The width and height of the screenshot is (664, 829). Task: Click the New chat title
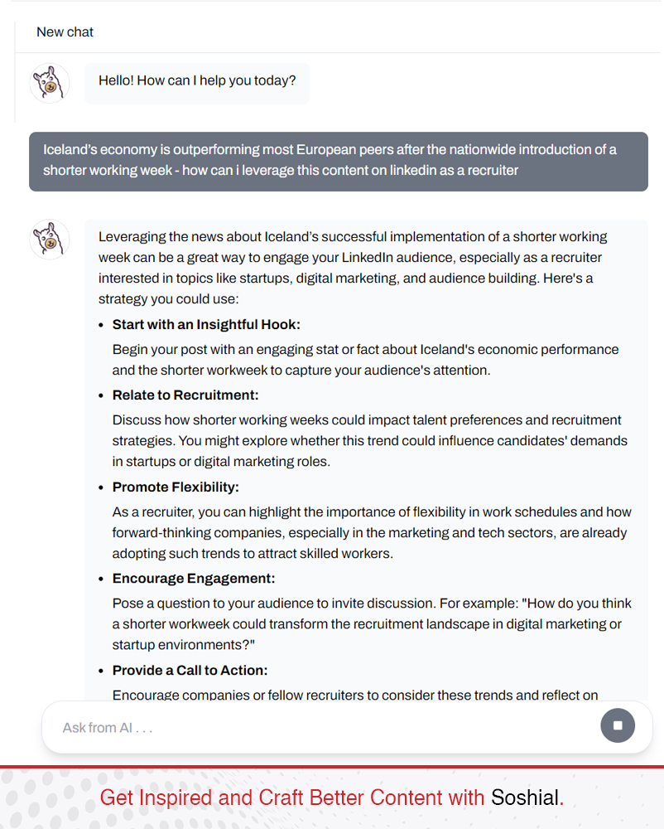point(65,32)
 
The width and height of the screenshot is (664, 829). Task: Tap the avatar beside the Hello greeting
point(50,83)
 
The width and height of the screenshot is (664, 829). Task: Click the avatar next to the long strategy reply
point(50,240)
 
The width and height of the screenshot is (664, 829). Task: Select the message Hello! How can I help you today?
point(197,81)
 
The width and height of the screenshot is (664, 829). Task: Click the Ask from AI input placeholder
point(108,728)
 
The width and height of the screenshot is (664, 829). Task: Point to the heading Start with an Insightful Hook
point(206,325)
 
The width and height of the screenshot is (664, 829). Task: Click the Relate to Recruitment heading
point(185,395)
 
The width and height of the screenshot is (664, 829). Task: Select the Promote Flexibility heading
point(176,487)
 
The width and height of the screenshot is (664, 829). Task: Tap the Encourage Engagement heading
point(194,579)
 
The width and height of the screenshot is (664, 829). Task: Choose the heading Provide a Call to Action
point(190,671)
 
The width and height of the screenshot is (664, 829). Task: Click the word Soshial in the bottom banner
point(525,797)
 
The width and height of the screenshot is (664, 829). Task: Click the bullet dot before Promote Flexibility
point(102,487)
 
